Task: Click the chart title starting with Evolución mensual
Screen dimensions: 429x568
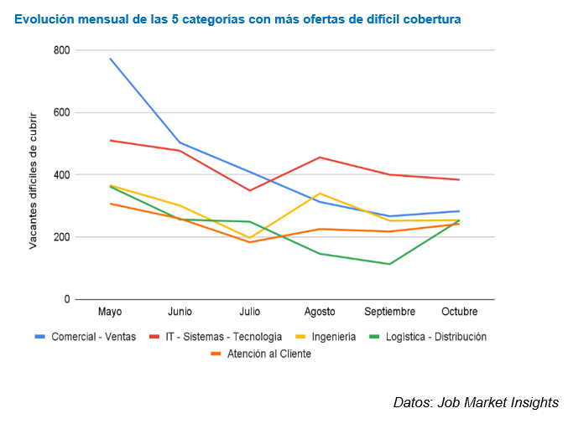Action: click(237, 18)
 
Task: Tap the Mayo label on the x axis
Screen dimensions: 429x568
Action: click(110, 312)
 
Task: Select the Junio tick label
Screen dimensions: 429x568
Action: click(180, 312)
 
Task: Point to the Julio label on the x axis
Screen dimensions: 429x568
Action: click(249, 312)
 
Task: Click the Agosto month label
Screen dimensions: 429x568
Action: click(319, 312)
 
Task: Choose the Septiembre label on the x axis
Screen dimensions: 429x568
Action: click(389, 312)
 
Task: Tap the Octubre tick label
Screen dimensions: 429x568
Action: click(459, 312)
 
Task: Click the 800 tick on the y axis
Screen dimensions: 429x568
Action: click(60, 50)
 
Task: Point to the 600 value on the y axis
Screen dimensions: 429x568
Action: click(60, 112)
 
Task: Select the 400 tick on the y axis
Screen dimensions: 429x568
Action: click(60, 174)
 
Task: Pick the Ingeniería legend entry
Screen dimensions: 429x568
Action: click(326, 337)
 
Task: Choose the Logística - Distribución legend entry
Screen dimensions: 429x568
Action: click(427, 337)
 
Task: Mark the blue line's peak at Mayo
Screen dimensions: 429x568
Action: click(110, 59)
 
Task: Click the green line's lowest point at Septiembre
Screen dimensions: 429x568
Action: click(389, 264)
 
